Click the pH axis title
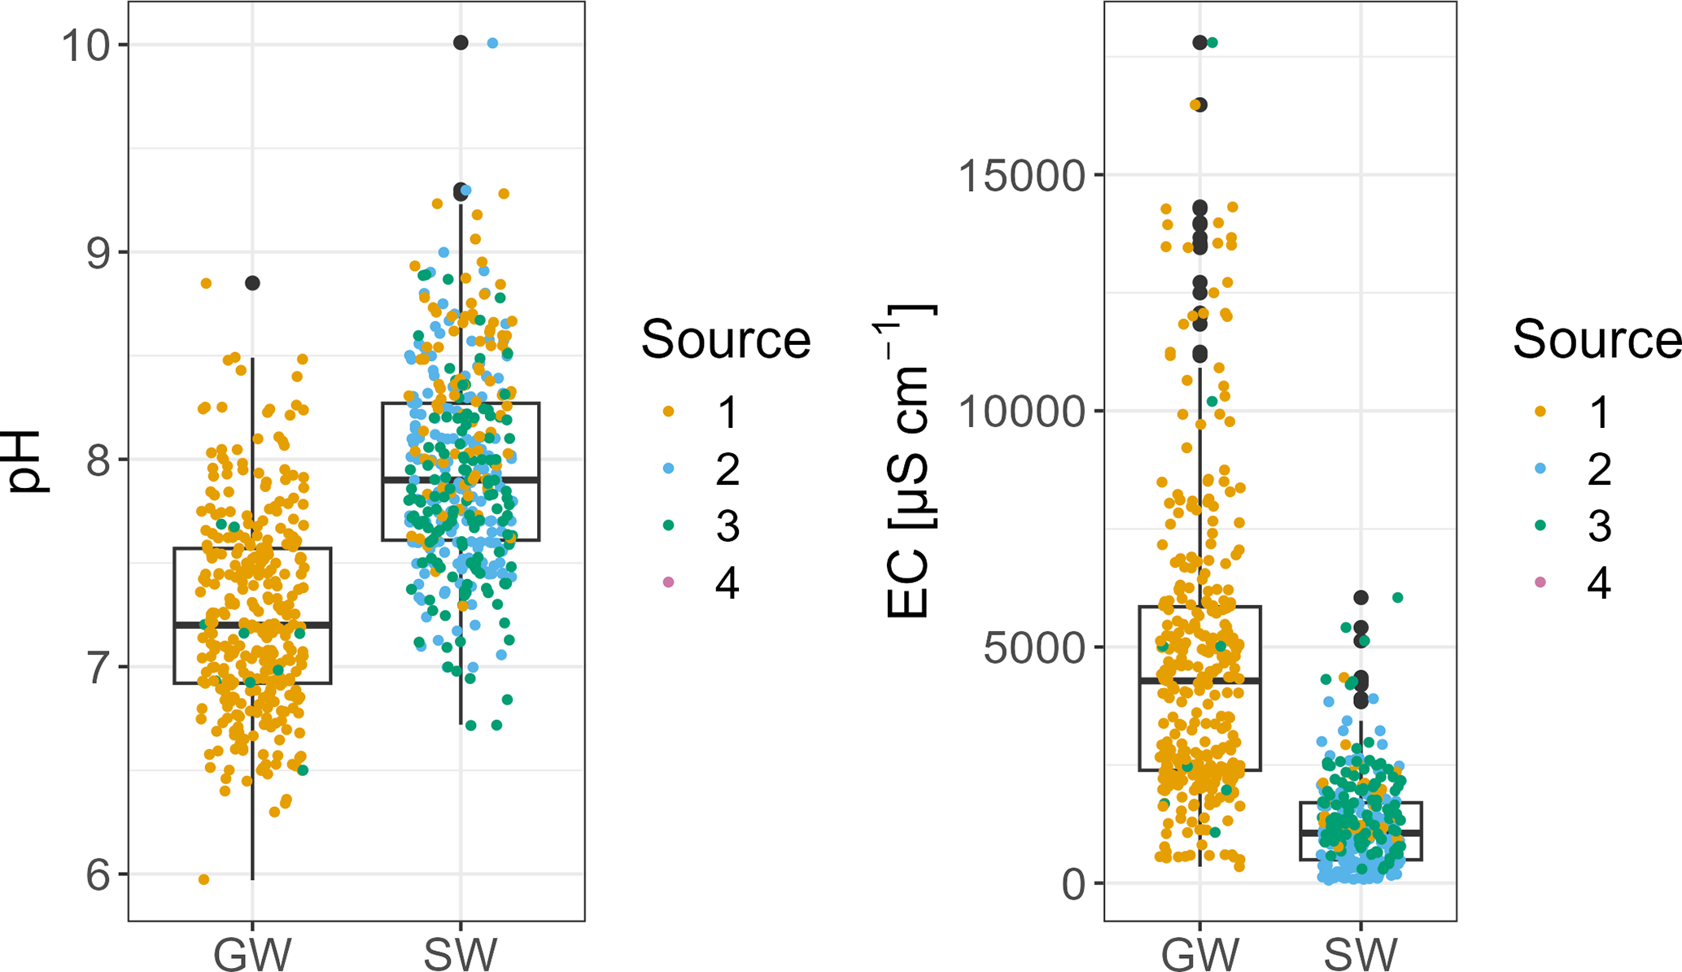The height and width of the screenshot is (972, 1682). tap(26, 460)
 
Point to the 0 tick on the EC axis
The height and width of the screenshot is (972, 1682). tap(1074, 884)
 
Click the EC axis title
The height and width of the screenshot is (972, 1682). tap(910, 460)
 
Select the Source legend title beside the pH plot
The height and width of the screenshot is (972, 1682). tap(726, 339)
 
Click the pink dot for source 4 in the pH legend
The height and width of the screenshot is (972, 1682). tap(669, 582)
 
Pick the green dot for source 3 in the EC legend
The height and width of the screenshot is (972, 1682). tap(1540, 525)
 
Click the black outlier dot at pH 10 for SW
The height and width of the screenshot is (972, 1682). tap(461, 43)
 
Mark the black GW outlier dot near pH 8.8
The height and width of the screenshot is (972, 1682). tap(253, 283)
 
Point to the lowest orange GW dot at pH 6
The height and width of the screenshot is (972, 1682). tap(204, 879)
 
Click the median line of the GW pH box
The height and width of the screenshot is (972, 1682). tap(252, 625)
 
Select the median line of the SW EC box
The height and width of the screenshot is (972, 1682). tap(1361, 833)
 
